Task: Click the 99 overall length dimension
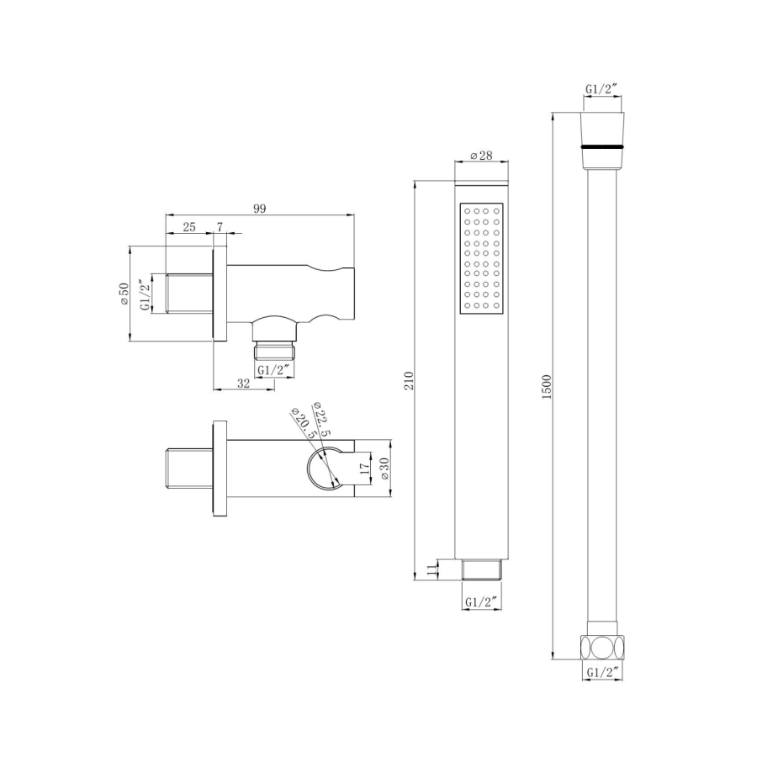(x=260, y=209)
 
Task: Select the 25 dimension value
(x=189, y=227)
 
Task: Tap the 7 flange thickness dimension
(x=220, y=227)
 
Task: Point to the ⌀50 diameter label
(x=124, y=294)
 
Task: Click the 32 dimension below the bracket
(x=244, y=384)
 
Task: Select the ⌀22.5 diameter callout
(x=320, y=419)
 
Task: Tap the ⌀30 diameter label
(x=384, y=468)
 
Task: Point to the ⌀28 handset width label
(x=481, y=156)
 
